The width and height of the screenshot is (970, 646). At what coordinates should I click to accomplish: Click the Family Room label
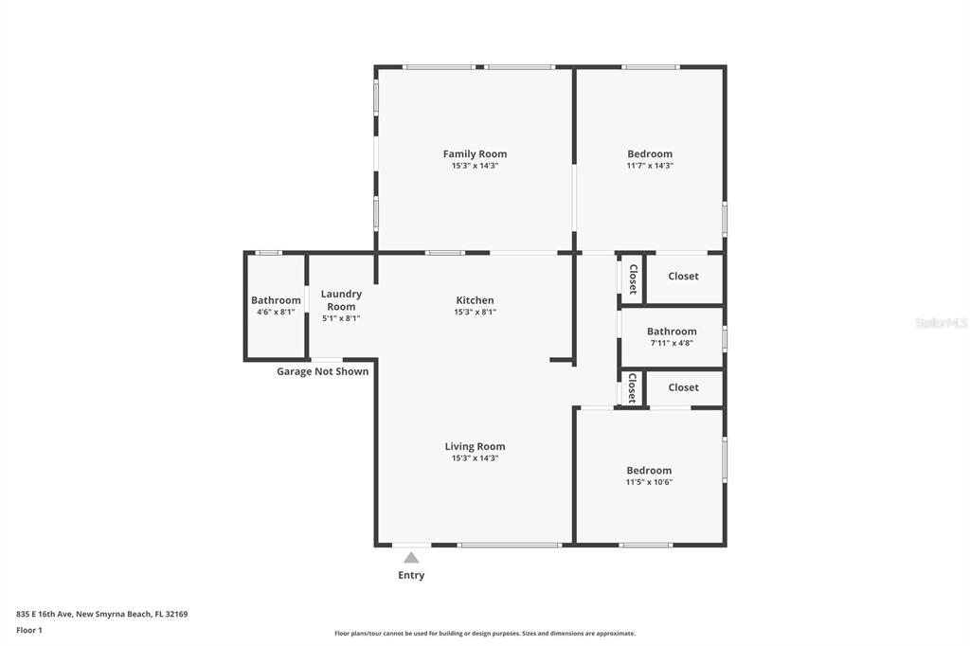(x=475, y=153)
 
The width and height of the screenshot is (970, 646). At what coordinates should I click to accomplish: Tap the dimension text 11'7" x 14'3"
(x=650, y=166)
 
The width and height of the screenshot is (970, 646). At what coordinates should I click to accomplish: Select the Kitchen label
(x=475, y=300)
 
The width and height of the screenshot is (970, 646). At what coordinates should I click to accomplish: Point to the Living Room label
(x=475, y=446)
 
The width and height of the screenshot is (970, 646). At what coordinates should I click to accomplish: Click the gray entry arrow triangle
(x=411, y=558)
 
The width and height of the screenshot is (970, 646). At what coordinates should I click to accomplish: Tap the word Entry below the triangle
(x=411, y=575)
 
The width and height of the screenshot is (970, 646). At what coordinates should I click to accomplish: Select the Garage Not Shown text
(x=322, y=371)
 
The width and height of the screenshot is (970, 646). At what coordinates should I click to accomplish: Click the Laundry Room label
(x=341, y=300)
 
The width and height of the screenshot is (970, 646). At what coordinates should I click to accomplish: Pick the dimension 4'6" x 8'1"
(x=276, y=313)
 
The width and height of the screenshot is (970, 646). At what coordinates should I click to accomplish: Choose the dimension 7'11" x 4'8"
(x=672, y=343)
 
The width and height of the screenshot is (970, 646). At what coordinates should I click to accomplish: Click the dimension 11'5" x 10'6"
(x=649, y=482)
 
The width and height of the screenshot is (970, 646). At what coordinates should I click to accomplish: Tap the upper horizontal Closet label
(x=683, y=276)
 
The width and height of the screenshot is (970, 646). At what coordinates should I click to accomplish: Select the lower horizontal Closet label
(x=683, y=387)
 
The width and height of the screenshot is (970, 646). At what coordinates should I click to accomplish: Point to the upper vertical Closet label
(x=633, y=279)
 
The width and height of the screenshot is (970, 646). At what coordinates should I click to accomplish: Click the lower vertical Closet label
(x=632, y=388)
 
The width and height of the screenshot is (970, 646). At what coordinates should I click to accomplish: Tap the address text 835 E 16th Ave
(x=45, y=615)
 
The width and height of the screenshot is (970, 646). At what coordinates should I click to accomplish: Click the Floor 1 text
(x=29, y=631)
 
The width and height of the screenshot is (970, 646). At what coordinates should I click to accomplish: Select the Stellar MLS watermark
(x=942, y=323)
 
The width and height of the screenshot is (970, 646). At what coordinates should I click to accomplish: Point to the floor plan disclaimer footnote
(x=485, y=634)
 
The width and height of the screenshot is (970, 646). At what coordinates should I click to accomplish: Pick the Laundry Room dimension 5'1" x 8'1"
(x=341, y=318)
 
